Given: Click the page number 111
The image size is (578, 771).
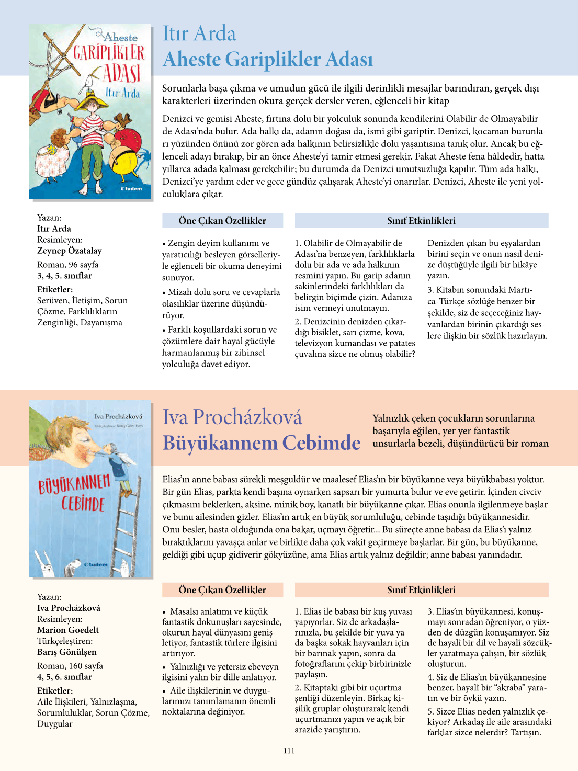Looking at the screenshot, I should click(x=289, y=751).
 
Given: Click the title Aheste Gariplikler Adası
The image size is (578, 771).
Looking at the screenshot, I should click(x=268, y=59).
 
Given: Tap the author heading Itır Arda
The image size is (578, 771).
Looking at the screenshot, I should click(x=199, y=33).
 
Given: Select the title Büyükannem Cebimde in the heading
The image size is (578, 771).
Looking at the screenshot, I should click(x=262, y=443).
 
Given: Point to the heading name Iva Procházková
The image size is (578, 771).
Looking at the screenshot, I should click(x=232, y=417).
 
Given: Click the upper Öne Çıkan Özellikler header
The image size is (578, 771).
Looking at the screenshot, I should click(x=222, y=221).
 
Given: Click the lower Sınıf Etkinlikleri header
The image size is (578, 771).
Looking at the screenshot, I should click(x=421, y=590).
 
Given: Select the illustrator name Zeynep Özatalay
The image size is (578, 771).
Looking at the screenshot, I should click(x=70, y=251).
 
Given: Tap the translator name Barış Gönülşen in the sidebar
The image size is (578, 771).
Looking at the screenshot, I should click(x=67, y=652).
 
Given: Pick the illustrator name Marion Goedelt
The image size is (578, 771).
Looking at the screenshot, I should click(x=68, y=630).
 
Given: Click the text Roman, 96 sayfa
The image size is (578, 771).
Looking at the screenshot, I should click(x=68, y=265).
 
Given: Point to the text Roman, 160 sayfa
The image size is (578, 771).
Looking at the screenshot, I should click(x=70, y=666).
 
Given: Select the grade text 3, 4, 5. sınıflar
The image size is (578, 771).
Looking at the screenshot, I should click(x=64, y=276).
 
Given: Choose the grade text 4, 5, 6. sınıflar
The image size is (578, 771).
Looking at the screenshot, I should click(x=64, y=677).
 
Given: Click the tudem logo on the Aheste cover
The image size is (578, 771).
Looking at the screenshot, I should click(x=131, y=189).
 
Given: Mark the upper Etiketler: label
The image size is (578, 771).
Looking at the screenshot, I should click(x=55, y=289).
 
